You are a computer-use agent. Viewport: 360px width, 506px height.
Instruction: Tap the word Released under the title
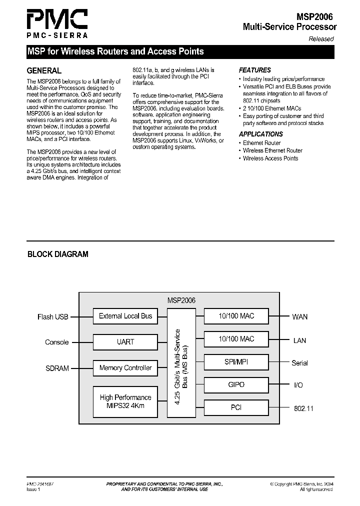(321, 38)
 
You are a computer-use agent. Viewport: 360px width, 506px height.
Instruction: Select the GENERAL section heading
(44, 70)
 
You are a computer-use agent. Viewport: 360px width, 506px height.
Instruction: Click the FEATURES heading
(255, 70)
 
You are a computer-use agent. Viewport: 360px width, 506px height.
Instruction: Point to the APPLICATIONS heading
(261, 134)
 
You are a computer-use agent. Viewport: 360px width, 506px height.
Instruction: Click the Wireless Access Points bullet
(270, 158)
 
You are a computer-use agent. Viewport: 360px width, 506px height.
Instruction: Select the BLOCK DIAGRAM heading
(57, 254)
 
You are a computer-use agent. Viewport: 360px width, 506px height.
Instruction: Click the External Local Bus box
(125, 316)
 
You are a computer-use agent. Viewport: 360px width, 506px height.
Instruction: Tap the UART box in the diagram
(125, 342)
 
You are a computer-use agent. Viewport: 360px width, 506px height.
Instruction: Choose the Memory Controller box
(125, 368)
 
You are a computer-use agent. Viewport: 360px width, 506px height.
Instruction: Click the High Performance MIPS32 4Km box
(125, 401)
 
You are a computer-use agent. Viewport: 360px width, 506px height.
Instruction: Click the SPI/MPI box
(236, 361)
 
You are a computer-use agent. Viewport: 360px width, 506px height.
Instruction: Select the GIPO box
(236, 384)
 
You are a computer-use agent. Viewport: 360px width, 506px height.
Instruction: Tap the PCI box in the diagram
(236, 407)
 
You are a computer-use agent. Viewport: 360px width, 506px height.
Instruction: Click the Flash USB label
(52, 316)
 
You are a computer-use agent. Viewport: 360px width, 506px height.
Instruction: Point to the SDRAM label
(57, 368)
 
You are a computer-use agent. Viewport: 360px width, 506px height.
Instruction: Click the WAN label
(300, 316)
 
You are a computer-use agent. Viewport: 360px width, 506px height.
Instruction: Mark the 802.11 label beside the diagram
(303, 408)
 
